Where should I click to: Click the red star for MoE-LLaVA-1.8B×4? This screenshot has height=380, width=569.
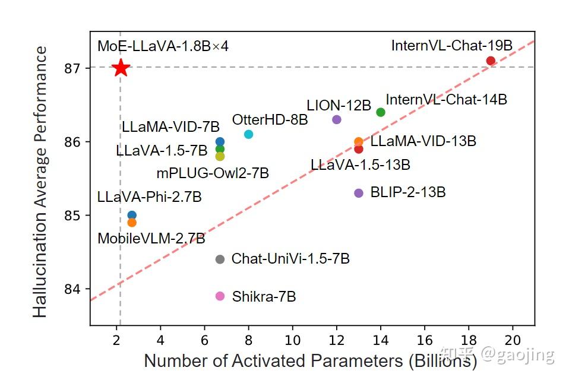click(x=121, y=68)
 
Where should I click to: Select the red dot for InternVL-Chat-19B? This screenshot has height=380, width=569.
click(x=491, y=61)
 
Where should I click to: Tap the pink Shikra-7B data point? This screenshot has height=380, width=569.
click(x=220, y=296)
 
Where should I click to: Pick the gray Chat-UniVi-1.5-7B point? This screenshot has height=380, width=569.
click(x=220, y=259)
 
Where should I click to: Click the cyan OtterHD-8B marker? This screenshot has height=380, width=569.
click(x=248, y=134)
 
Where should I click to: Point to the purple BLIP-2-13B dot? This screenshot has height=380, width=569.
click(x=358, y=193)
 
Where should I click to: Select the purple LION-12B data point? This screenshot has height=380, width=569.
click(x=337, y=119)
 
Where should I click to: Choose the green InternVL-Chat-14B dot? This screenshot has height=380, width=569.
click(x=381, y=112)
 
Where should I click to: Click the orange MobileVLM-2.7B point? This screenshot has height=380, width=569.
click(x=132, y=223)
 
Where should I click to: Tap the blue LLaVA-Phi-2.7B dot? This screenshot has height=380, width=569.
click(x=132, y=215)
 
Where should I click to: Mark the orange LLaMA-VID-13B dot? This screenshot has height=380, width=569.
click(x=358, y=141)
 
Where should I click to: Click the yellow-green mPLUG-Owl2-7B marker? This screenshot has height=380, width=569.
click(x=220, y=156)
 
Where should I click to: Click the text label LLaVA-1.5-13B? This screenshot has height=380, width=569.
click(x=361, y=165)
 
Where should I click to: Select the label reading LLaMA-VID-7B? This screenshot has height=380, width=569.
click(x=170, y=126)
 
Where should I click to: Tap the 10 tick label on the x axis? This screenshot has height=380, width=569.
click(x=292, y=340)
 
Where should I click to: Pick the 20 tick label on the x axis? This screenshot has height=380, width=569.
click(x=513, y=340)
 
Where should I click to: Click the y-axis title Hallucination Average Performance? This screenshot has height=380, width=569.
click(x=40, y=181)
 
